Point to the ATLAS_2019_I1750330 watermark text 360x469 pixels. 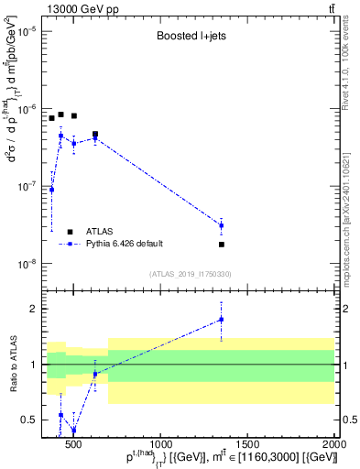point(190,274)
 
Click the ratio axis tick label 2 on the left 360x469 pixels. point(32,309)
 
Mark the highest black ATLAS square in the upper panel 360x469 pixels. point(60,115)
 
